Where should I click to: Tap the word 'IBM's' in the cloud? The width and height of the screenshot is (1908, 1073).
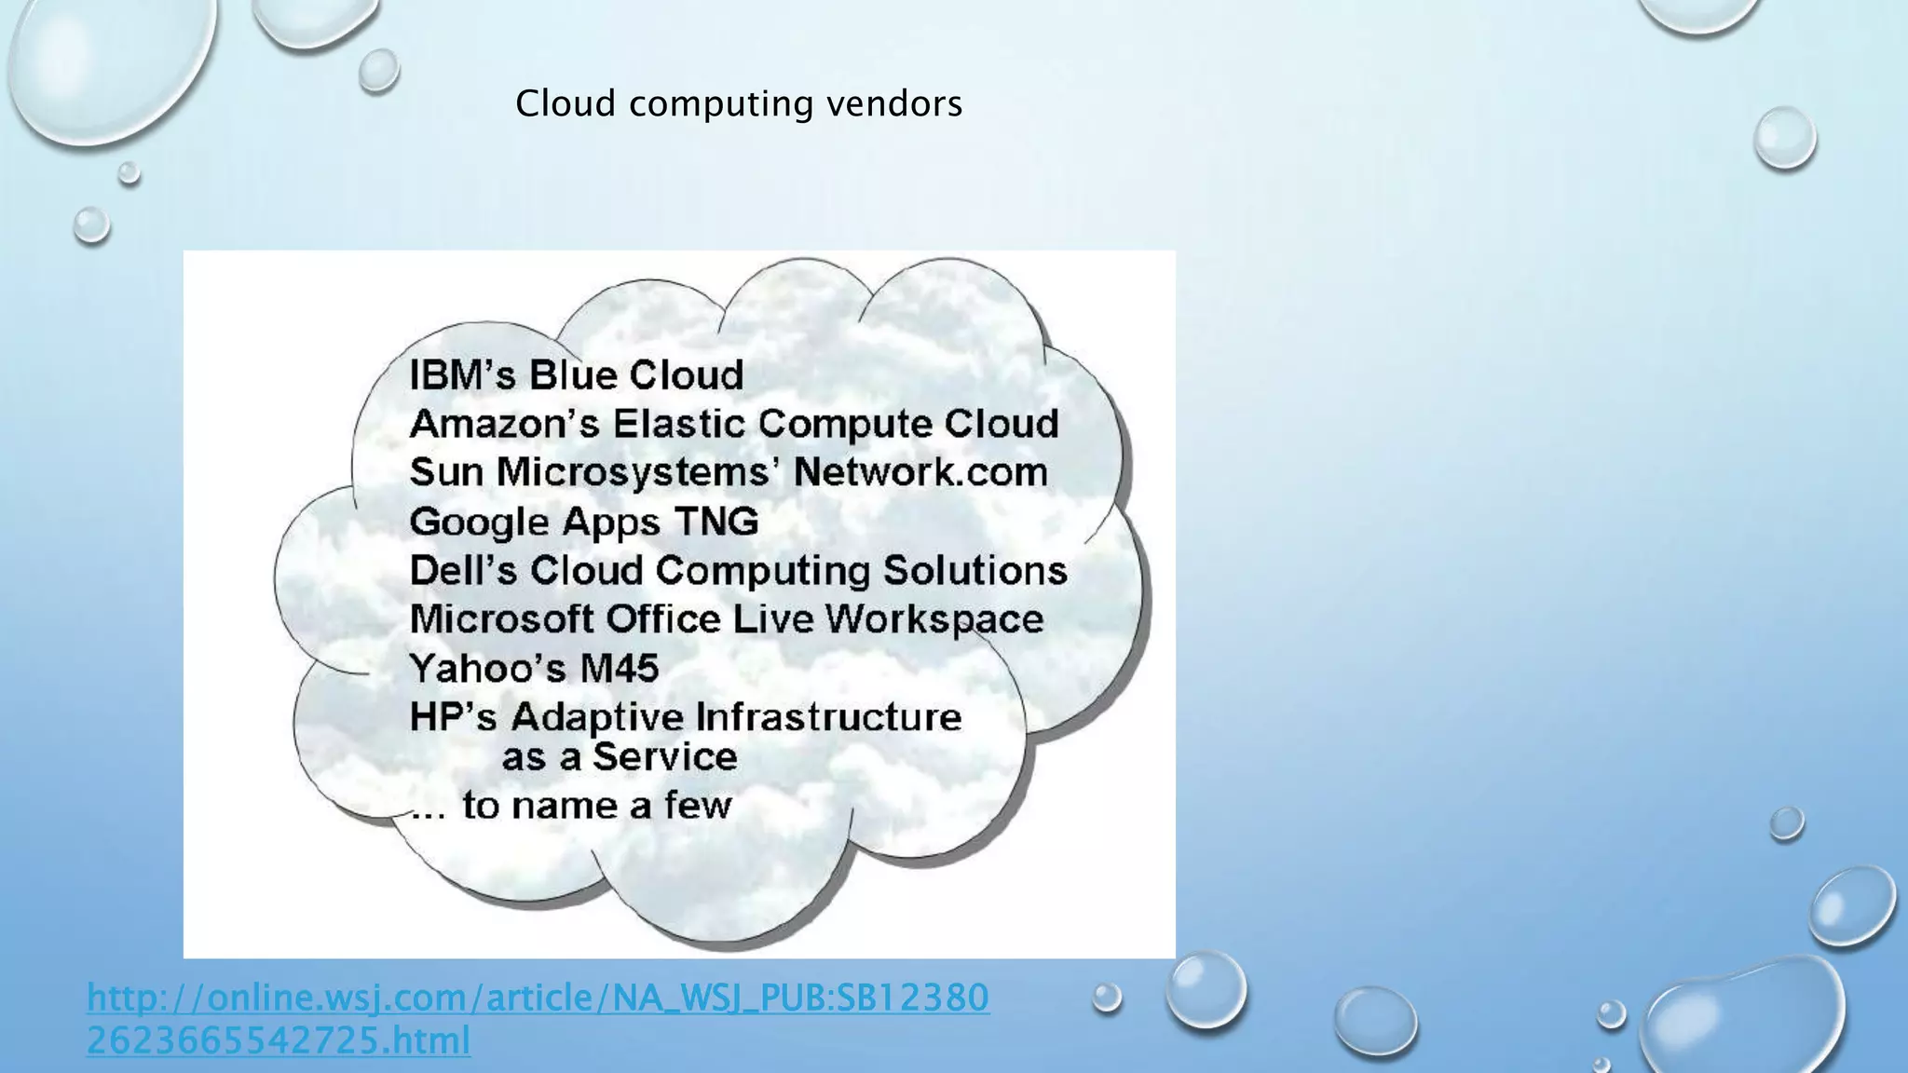point(462,375)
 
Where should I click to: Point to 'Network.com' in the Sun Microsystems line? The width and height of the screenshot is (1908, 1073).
point(920,472)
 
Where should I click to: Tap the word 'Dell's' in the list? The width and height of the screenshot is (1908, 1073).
point(462,570)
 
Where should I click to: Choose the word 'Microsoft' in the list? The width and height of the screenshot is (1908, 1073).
point(501,619)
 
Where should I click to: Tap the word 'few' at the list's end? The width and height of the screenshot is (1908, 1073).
point(698,806)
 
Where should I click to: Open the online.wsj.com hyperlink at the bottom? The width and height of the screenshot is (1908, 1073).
point(538,1018)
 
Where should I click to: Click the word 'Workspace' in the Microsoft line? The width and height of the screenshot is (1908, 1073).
point(934,619)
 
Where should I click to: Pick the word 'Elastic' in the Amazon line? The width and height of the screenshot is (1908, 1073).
point(679,424)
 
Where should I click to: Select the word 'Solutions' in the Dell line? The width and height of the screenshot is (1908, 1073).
point(974,570)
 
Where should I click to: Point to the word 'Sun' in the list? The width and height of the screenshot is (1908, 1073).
point(446,472)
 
